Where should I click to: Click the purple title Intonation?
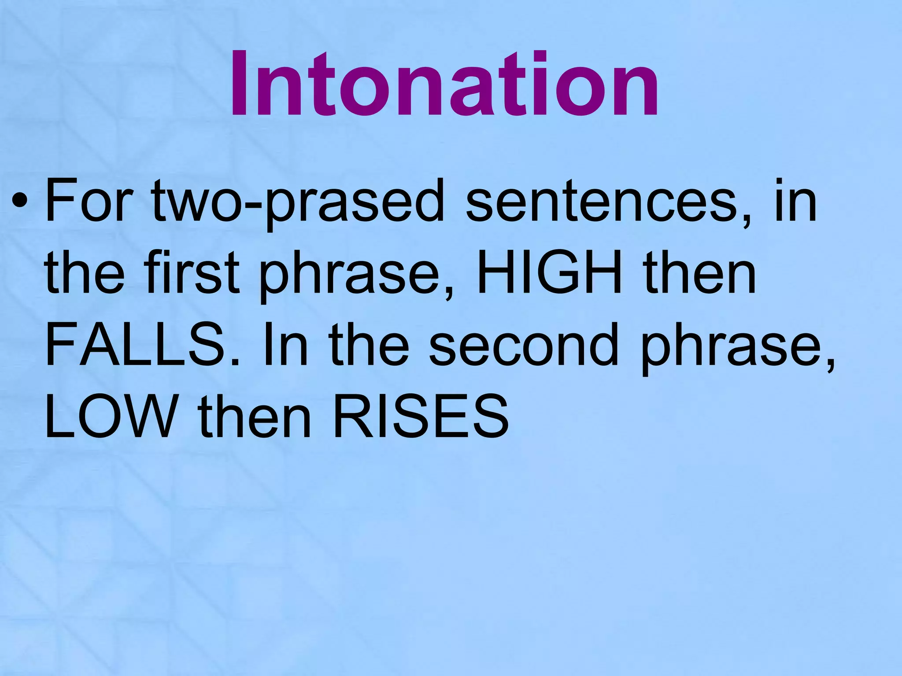tap(444, 85)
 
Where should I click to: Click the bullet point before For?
tap(21, 202)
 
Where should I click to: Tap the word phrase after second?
tap(738, 348)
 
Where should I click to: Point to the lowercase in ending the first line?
tap(795, 202)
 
